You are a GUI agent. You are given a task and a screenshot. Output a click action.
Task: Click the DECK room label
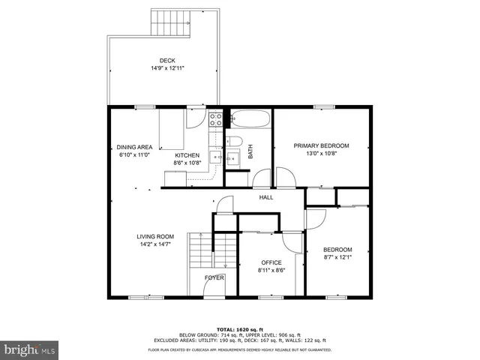(167, 61)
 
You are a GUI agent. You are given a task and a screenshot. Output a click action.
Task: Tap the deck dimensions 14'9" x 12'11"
(167, 68)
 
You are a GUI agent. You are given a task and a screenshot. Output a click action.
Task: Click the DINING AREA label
(134, 147)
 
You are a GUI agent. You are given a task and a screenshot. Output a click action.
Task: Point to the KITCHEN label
(187, 155)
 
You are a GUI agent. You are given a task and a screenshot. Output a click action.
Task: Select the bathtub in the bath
(250, 119)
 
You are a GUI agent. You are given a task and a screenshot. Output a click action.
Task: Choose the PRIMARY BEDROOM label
(321, 145)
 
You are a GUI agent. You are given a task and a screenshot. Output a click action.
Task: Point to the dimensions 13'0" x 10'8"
(321, 154)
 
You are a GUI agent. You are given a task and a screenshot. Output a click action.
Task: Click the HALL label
(266, 197)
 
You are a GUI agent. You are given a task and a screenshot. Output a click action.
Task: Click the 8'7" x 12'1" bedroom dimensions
(337, 258)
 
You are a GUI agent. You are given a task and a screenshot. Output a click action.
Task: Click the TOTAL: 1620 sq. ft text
(240, 329)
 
